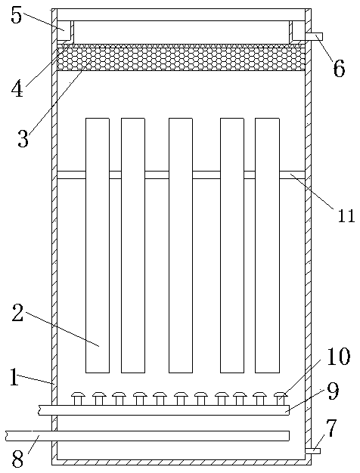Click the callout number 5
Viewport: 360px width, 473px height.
click(17, 15)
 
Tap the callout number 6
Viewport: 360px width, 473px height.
click(339, 69)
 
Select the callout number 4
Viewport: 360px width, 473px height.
click(17, 88)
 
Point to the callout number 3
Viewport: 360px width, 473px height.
click(23, 138)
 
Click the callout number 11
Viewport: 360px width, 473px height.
click(346, 215)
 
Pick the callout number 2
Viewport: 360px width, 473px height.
click(17, 313)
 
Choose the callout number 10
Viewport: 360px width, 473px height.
click(338, 357)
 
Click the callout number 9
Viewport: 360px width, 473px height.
click(333, 392)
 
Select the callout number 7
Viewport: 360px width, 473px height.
click(331, 428)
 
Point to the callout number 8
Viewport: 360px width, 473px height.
click(17, 459)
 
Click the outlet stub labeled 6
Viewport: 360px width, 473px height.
click(314, 36)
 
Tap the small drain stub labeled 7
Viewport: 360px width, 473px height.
click(312, 450)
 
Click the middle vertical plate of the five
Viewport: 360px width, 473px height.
click(181, 246)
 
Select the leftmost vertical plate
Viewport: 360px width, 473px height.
click(98, 246)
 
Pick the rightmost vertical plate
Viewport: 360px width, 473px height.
click(267, 246)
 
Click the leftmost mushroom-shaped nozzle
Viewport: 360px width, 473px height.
click(78, 398)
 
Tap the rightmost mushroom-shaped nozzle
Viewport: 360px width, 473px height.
click(281, 398)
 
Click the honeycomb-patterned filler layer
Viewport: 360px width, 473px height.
click(181, 57)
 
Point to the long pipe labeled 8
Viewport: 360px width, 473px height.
click(147, 436)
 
